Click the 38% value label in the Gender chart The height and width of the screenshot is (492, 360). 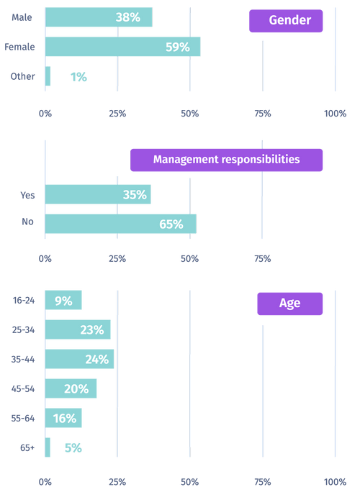pos(127,17)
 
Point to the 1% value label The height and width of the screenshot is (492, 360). pos(79,76)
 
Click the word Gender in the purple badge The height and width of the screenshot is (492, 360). pos(290,20)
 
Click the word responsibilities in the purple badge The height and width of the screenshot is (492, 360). pos(262,159)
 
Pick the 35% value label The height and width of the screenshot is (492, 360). pos(135,194)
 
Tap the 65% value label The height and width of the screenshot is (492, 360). pos(171,224)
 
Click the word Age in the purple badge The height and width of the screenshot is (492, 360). pos(289,303)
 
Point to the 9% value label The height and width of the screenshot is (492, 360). pos(63,301)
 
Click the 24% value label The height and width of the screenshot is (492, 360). pos(96,360)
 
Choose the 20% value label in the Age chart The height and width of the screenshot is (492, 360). pos(76,388)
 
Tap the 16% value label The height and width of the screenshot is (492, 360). pos(63,418)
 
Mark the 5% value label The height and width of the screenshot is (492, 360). pos(73,447)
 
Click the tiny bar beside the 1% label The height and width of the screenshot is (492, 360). pos(48,76)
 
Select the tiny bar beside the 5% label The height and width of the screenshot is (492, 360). pos(48,447)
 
